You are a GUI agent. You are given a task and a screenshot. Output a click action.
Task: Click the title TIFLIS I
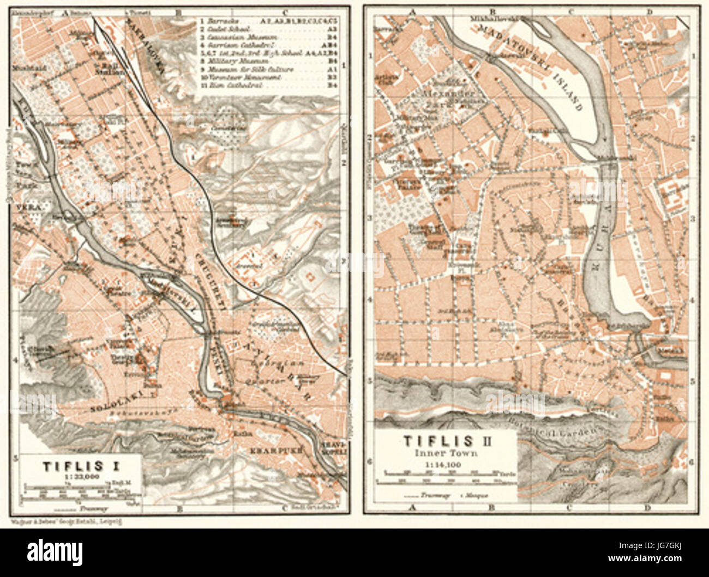click(x=80, y=466)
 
